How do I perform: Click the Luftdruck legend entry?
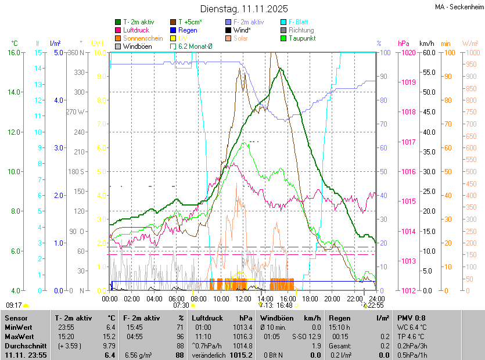pos(136,30)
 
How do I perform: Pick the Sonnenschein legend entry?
pos(143,38)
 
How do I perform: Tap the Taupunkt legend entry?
pos(302,38)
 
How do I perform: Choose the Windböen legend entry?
pos(138,46)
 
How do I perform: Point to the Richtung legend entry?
pos(301,30)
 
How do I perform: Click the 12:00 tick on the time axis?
pos(243,298)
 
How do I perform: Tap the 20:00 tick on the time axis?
pos(332,298)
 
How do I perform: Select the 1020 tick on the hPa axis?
pos(408,53)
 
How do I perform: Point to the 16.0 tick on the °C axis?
pos(14,53)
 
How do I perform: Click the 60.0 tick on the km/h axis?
pos(428,53)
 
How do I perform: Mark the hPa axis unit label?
pos(404,44)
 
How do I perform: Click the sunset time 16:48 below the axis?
pos(285,305)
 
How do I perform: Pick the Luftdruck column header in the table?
pos(208,318)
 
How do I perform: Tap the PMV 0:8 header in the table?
pos(411,318)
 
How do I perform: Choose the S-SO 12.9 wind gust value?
pos(306,336)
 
